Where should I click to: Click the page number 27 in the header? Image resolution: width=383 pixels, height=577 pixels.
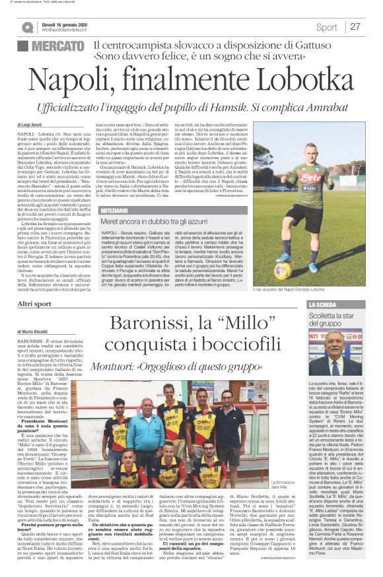(355, 27)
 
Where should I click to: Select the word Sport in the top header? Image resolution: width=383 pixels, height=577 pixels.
(326, 27)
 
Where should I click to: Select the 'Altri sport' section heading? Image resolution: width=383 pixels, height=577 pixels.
(34, 304)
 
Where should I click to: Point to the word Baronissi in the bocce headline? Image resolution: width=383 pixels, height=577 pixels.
(152, 324)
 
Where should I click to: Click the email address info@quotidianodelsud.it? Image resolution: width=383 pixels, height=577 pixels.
(69, 30)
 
